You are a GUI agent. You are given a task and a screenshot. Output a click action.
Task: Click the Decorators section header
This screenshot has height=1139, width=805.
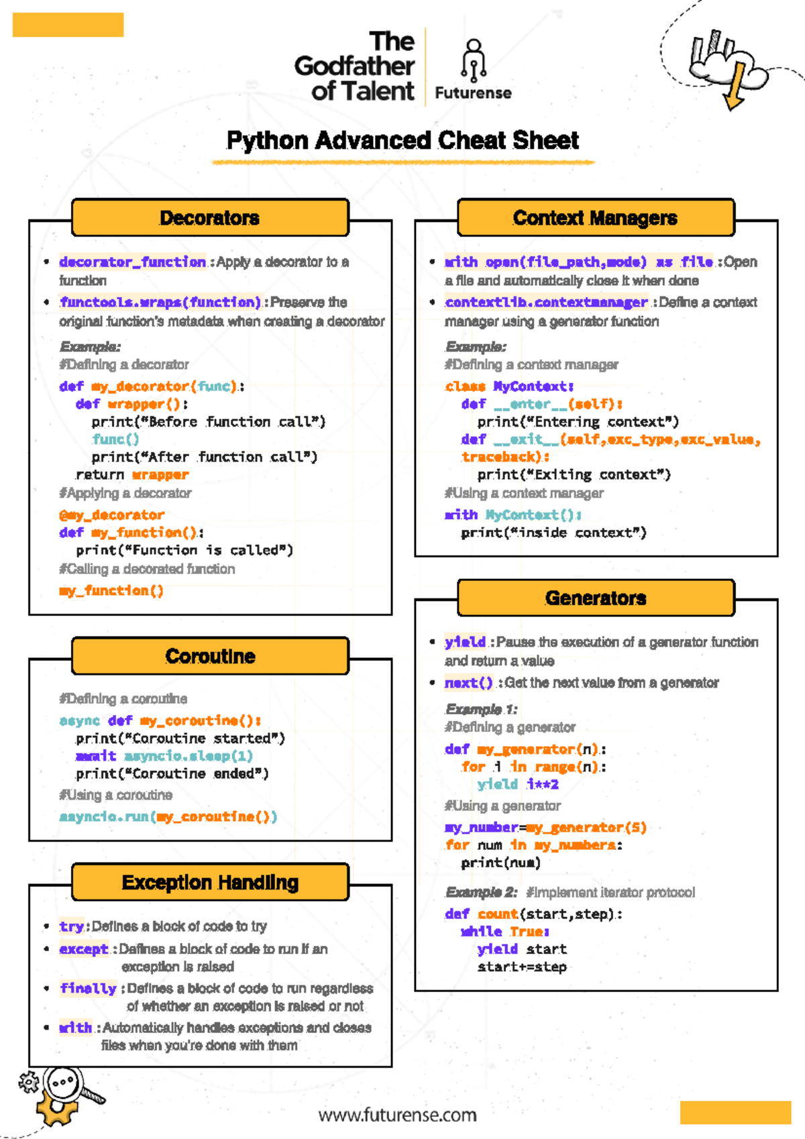coord(210,218)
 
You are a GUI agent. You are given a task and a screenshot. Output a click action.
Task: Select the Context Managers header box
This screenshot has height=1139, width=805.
coord(595,218)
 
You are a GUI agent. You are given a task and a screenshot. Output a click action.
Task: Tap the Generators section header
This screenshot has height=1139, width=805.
coord(595,598)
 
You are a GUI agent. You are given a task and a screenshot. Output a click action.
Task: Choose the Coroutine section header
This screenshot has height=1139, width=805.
coord(210,656)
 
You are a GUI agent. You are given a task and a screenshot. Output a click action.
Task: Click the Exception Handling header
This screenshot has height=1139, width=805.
coord(210,882)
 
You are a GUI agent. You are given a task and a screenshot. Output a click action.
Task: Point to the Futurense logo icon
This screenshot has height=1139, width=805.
coord(474,60)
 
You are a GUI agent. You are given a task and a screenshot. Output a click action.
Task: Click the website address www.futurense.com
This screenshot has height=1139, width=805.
coord(397,1115)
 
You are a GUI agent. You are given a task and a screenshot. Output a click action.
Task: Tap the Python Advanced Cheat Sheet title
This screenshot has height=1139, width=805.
coord(402,140)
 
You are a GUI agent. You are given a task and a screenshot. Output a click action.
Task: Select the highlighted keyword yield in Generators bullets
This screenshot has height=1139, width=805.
coord(465,642)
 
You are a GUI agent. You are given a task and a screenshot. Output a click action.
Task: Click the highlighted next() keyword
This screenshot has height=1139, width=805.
coord(468,683)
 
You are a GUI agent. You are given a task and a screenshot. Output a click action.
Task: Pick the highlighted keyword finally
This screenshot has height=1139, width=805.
coord(88,988)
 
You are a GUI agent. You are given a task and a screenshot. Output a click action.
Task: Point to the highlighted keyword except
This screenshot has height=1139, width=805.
coord(83,949)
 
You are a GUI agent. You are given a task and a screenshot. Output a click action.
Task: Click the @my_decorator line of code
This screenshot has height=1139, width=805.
coord(111,515)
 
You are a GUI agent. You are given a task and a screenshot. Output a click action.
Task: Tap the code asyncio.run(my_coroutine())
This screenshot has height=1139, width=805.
coord(168,817)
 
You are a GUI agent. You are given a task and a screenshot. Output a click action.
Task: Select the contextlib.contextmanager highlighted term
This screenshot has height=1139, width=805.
coord(546,303)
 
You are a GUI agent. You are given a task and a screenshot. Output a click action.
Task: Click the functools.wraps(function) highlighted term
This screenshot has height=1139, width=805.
coord(160,303)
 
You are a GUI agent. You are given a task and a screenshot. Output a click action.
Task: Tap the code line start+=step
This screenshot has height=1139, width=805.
coord(522,967)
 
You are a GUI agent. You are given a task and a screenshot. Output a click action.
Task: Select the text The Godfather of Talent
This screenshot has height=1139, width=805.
coord(355,66)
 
